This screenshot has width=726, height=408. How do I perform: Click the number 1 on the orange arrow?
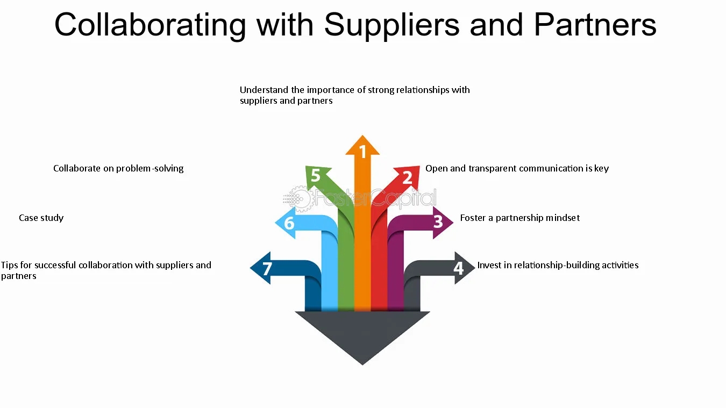click(x=363, y=152)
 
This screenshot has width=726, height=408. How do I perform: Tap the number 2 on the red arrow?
click(x=407, y=177)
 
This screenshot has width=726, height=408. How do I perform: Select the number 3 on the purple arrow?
click(x=438, y=221)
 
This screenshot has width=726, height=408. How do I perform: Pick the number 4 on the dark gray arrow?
click(x=458, y=267)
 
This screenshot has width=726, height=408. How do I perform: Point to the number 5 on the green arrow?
click(x=316, y=176)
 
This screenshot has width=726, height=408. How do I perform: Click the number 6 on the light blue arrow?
click(x=289, y=223)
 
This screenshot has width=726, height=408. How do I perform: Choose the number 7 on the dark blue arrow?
click(x=267, y=268)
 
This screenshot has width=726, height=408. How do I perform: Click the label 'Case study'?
click(x=41, y=218)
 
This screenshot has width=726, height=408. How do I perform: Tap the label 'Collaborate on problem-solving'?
click(x=118, y=168)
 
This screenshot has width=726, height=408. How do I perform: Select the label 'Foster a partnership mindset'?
click(x=519, y=218)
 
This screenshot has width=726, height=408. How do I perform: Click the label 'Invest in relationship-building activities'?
click(x=558, y=265)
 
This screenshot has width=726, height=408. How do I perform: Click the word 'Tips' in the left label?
click(x=9, y=265)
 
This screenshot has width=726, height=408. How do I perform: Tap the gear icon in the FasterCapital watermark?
click(x=300, y=198)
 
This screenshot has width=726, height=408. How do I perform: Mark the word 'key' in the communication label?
click(x=601, y=169)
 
